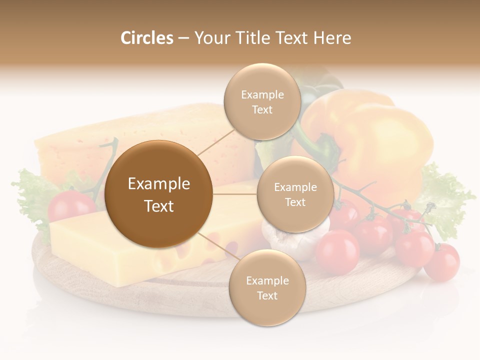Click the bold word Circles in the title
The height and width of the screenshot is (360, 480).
(x=146, y=38)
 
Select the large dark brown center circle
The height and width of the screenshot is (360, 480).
(x=158, y=194)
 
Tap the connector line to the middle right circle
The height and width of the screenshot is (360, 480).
(x=235, y=194)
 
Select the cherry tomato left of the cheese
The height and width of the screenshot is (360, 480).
(x=70, y=205)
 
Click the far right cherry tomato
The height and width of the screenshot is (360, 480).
(x=442, y=262)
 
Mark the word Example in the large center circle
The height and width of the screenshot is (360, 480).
(x=158, y=184)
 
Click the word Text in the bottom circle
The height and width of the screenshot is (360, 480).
(x=267, y=295)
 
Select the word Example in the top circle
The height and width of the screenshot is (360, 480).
(x=262, y=95)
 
